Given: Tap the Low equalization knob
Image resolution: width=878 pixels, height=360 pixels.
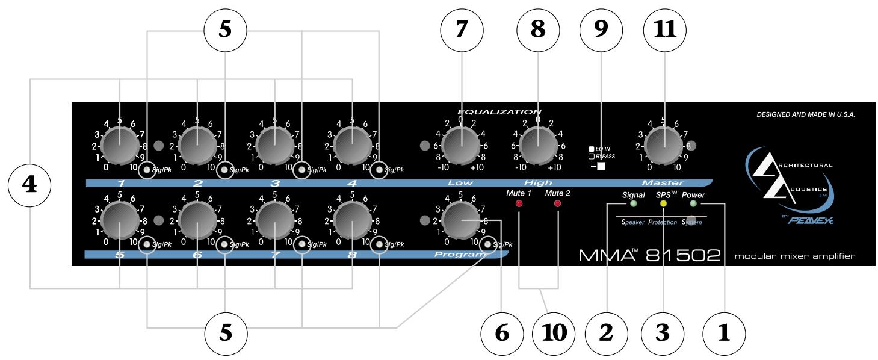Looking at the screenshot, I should pos(461,146).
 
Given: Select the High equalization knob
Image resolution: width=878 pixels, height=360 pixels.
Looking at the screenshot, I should pos(537,146).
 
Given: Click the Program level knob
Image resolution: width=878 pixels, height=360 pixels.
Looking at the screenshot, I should pos(461,222).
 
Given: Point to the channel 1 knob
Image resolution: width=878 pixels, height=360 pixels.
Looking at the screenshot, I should pos(119,146).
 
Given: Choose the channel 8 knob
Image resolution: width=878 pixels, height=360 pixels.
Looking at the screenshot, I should pos(352,222).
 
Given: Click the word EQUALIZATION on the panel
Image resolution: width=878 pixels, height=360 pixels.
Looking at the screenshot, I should pos(499,111).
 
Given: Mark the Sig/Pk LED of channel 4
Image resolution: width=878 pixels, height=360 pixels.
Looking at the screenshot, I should pos(379,170).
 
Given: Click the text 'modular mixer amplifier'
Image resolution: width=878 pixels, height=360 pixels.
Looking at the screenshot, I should pos(794,257).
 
